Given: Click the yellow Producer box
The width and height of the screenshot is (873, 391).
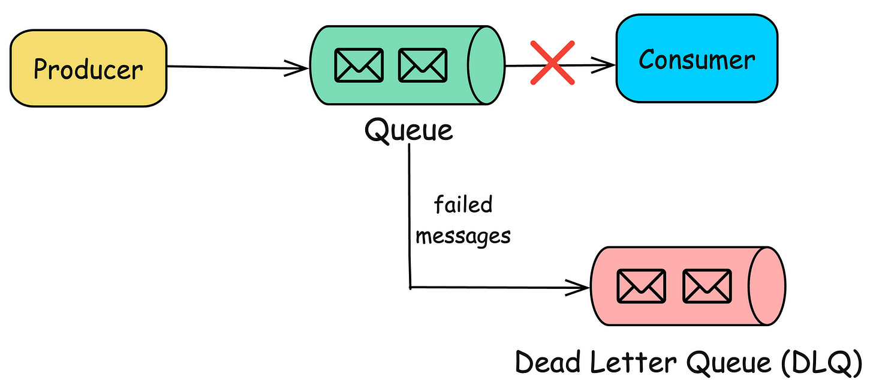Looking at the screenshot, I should point(89,68).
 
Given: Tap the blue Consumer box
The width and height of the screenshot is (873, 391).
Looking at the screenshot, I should point(697,59).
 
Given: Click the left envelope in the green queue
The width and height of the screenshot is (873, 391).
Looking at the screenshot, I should point(359,65).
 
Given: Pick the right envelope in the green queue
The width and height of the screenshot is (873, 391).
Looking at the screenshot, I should point(423,65).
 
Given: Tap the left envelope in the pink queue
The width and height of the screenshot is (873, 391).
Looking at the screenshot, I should point(641,285).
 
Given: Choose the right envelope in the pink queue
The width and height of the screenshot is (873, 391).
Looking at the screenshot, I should point(707,285).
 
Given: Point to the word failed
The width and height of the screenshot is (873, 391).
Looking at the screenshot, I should point(463,205).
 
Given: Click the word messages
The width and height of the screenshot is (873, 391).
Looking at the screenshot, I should point(463,236).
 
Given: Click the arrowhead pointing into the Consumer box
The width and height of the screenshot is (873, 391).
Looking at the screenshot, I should point(609,65).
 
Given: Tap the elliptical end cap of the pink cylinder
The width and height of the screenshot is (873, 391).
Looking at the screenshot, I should point(768,285).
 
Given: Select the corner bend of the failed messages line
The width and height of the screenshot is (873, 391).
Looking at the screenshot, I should point(410,287).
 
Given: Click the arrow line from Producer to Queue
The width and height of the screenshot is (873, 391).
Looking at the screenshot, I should point(234,67).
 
